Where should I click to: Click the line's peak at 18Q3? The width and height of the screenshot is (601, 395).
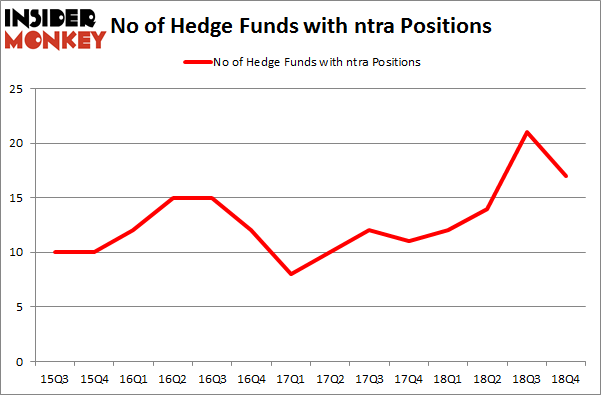point(527,132)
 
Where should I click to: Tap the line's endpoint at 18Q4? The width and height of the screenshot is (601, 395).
point(565,176)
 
